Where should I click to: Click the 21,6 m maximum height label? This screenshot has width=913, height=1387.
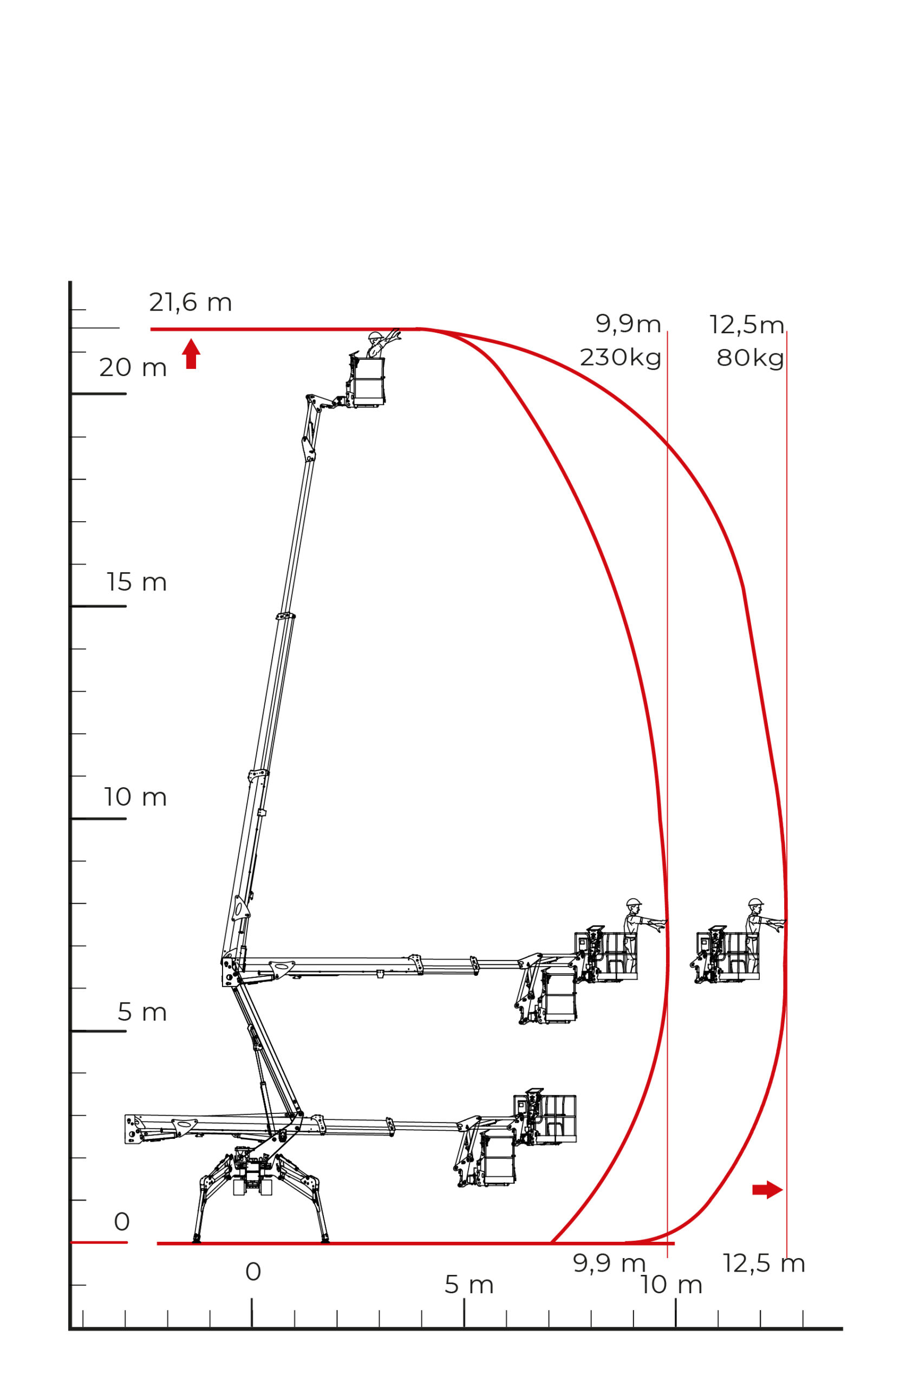(x=191, y=302)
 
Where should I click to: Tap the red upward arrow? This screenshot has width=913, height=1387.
(x=191, y=354)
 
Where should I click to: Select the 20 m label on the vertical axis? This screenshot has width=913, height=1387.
(x=133, y=368)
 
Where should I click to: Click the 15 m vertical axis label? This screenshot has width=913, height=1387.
(x=137, y=582)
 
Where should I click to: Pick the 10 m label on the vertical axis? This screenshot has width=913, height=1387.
(x=136, y=796)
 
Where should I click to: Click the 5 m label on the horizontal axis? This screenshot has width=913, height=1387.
(x=469, y=1285)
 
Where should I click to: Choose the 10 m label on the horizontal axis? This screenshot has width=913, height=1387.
(x=671, y=1285)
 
